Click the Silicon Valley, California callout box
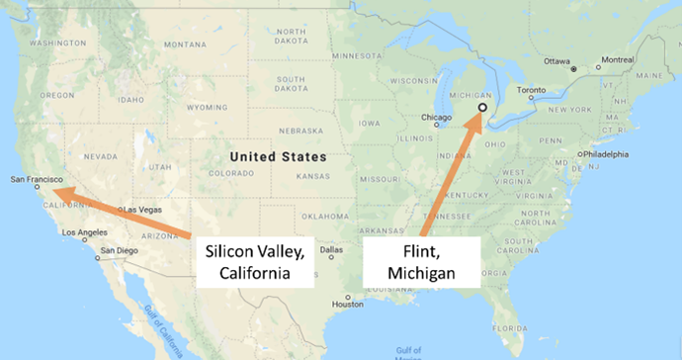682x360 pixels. coord(255,261)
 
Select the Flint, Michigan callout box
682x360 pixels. coord(423,261)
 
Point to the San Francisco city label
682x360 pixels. coord(34,179)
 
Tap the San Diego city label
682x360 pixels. coord(122,251)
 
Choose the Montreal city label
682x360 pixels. coord(613,59)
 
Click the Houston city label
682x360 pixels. coord(348,303)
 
